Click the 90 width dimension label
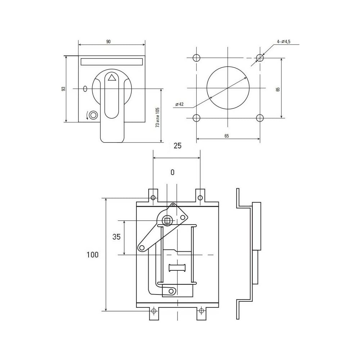(x=108, y=41)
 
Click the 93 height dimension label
(x=64, y=89)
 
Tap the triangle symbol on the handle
(x=112, y=78)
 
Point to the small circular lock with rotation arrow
(x=93, y=115)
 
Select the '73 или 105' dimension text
(x=158, y=117)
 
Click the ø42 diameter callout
(x=179, y=104)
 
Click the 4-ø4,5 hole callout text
(x=284, y=41)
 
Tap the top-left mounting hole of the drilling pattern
(x=197, y=58)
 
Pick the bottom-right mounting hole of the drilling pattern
(x=260, y=118)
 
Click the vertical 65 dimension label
(x=278, y=89)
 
